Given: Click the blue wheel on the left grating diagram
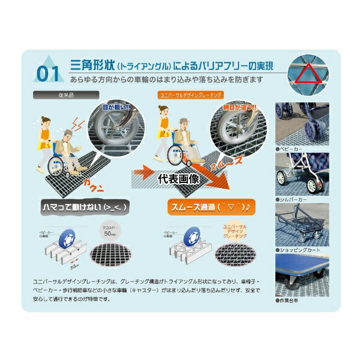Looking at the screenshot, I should coord(71,236).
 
